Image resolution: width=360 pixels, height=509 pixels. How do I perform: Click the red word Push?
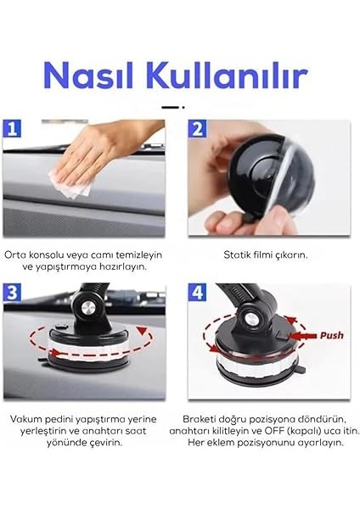(331, 335)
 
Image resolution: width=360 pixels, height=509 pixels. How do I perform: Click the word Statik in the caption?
(238, 255)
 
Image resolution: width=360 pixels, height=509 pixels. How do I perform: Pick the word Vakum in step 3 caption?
(26, 419)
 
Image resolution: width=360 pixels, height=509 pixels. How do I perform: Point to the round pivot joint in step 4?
(252, 320)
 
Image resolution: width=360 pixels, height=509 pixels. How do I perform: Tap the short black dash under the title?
(172, 107)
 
